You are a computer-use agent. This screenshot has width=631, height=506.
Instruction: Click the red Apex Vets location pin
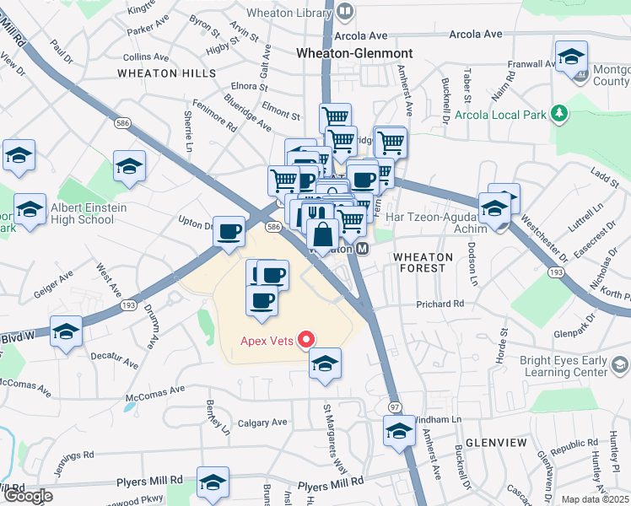click(x=307, y=341)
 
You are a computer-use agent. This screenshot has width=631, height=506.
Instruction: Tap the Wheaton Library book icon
click(x=344, y=12)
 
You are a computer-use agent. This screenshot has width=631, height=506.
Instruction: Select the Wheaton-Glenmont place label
click(x=353, y=52)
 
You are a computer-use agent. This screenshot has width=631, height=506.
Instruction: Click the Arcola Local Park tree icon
click(x=557, y=113)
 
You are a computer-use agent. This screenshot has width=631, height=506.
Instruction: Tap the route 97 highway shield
click(x=394, y=407)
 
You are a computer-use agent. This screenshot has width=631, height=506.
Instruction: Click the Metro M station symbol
click(x=362, y=249)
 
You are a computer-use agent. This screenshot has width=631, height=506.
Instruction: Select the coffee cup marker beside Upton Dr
click(x=229, y=231)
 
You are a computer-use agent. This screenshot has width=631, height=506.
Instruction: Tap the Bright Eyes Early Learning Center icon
click(x=620, y=364)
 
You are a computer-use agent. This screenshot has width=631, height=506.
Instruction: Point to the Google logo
click(x=28, y=496)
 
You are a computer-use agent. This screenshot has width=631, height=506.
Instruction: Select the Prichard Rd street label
click(x=440, y=304)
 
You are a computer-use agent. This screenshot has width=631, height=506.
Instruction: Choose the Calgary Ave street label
click(x=262, y=423)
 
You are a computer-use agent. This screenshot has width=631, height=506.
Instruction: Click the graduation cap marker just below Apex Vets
click(x=324, y=363)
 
